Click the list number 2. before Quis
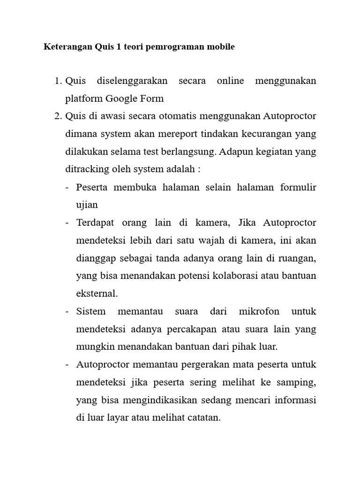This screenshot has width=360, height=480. (59, 116)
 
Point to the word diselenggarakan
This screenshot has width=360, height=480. (132, 81)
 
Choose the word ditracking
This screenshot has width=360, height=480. (87, 169)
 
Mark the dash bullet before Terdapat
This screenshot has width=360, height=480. (67, 223)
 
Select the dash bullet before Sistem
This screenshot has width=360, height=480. (67, 311)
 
